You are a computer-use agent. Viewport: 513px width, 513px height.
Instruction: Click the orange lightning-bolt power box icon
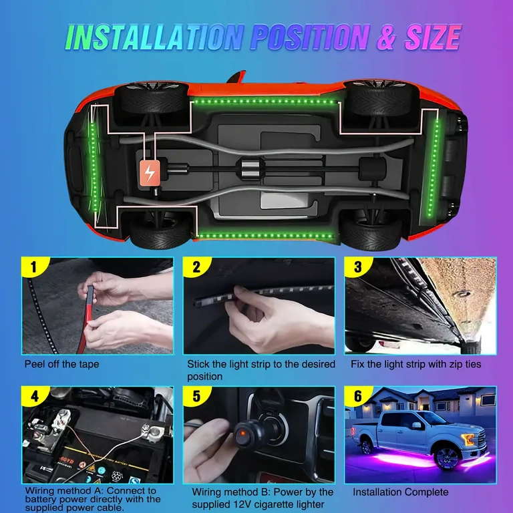pyautogui.click(x=150, y=173)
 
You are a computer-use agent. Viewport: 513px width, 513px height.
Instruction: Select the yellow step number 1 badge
pyautogui.click(x=33, y=268)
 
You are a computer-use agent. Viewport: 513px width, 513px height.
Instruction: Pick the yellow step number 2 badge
pyautogui.click(x=196, y=268)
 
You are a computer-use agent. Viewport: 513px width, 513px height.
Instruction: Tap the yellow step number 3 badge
pyautogui.click(x=357, y=268)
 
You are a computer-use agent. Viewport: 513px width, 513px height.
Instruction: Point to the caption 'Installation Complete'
pyautogui.click(x=401, y=492)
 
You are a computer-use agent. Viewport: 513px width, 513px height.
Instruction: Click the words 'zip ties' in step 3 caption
pyautogui.click(x=462, y=365)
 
